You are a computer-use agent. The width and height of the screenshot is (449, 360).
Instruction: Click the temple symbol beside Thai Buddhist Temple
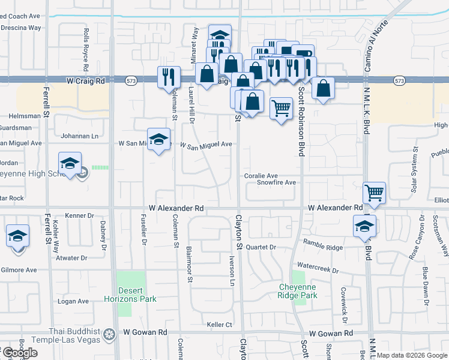coord(109,333)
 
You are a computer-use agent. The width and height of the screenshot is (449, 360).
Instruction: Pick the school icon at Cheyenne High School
coord(70,164)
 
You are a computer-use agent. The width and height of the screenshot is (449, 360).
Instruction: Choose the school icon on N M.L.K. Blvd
coord(364,226)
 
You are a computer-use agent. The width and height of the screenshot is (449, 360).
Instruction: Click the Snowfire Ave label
coord(277,182)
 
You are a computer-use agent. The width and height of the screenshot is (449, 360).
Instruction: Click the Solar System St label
coord(414,173)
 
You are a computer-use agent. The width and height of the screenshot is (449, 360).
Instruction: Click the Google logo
coord(19,353)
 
